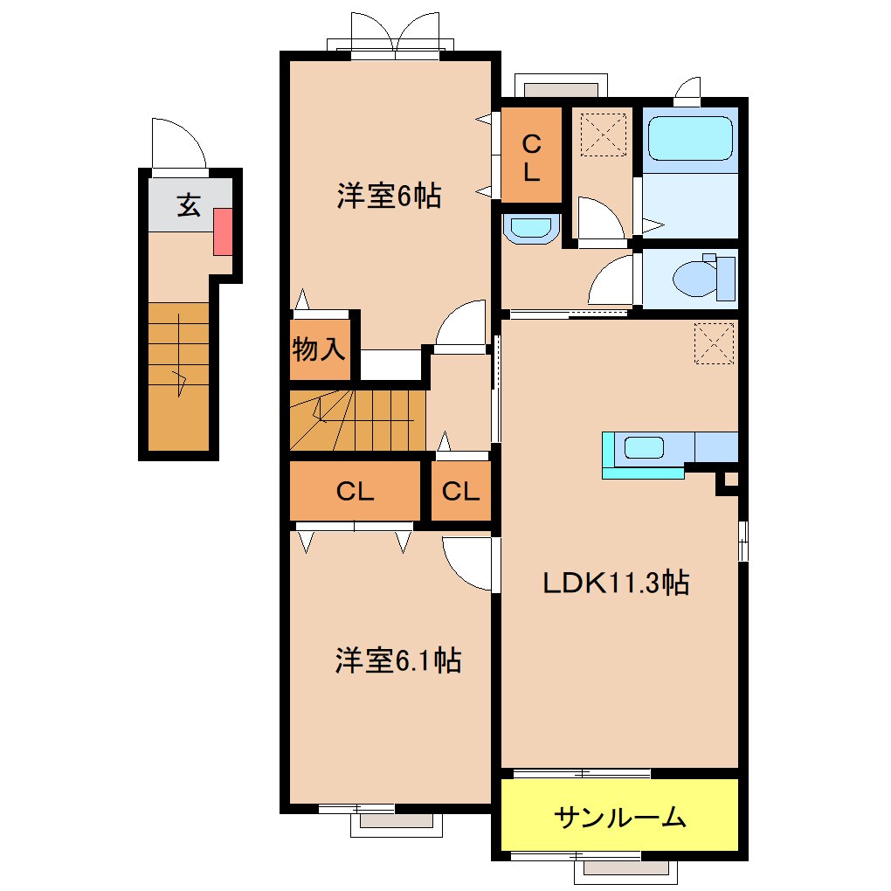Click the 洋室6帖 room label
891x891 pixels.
coord(389,197)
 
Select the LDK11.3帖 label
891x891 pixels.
coord(616,582)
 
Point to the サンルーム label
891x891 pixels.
coord(620,818)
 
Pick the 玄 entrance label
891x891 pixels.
coord(190,206)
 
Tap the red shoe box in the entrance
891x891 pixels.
coord(223,231)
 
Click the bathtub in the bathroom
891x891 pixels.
coord(690,138)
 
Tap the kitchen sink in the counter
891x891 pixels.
coord(644,449)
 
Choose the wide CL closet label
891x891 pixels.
coord(355,492)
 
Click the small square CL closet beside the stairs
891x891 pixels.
coord(460,492)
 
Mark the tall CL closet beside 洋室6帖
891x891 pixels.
coord(531,156)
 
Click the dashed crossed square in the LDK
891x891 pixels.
coord(714,342)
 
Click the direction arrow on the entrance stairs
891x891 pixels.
coord(182,380)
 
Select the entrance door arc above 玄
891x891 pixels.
coord(177,142)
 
